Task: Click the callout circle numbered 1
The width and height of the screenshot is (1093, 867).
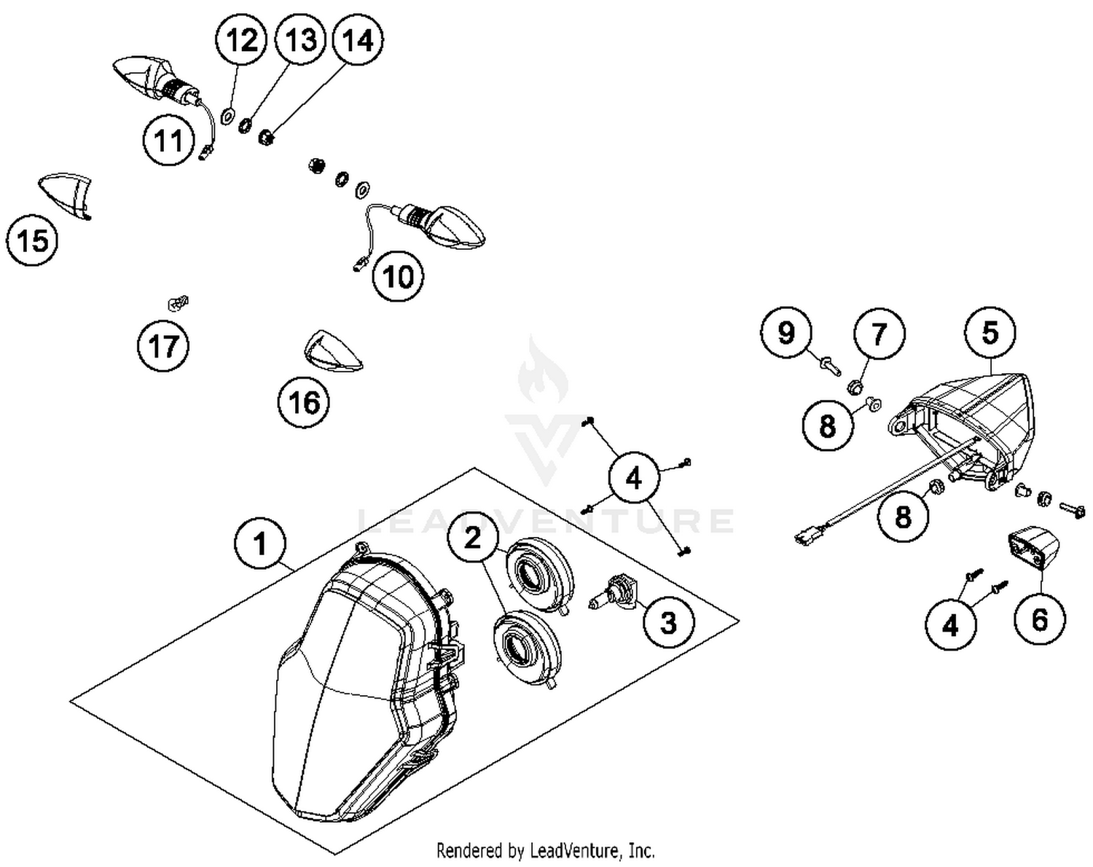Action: pyautogui.click(x=260, y=544)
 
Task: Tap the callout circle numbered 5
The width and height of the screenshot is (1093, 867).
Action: pyautogui.click(x=990, y=333)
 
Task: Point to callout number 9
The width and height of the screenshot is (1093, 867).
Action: pyautogui.click(x=786, y=333)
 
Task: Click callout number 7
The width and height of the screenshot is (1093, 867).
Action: pyautogui.click(x=880, y=334)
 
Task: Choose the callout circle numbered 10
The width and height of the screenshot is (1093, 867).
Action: pyautogui.click(x=398, y=277)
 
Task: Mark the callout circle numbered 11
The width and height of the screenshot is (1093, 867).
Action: pyautogui.click(x=169, y=140)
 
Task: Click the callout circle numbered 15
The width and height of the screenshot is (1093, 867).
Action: pyautogui.click(x=33, y=240)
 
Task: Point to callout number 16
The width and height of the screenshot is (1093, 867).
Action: pyautogui.click(x=304, y=401)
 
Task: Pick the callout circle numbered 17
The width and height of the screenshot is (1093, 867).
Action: pyautogui.click(x=163, y=345)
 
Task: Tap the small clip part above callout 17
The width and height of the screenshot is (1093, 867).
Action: pyautogui.click(x=177, y=301)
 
